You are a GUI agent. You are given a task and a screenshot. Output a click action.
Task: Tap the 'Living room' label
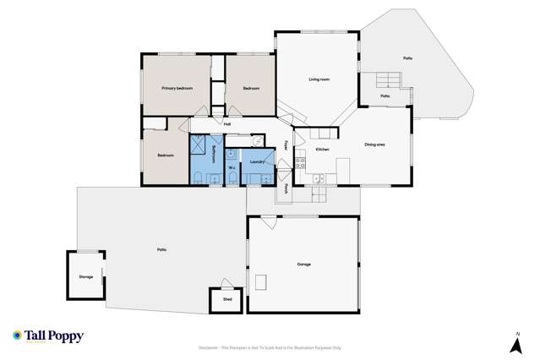pos(319,79)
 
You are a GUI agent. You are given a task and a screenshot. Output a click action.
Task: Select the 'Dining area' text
pos(375,145)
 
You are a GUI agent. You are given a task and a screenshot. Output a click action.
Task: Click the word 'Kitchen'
pos(322,150)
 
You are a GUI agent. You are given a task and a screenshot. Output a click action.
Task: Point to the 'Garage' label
pos(303,264)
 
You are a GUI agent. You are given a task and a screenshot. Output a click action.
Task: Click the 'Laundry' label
pos(259,161)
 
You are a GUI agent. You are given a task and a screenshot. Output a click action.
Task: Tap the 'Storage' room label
pos(85,276)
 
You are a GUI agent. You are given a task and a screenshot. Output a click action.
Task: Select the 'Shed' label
pos(227,299)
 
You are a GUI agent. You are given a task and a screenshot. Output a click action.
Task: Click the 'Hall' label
pos(227,124)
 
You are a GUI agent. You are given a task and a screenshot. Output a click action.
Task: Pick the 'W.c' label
pos(232,166)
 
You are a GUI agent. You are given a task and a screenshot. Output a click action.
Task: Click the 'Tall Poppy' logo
pos(48,336)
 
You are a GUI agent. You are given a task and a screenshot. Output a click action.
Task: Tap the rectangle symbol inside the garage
pos(262,281)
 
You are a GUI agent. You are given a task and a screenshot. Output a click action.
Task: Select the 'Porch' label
pos(287,189)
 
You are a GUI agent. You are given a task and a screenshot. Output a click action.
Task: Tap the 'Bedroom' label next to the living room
pos(251,88)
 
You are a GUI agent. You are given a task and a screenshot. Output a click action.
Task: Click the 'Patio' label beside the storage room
pos(161,248)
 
